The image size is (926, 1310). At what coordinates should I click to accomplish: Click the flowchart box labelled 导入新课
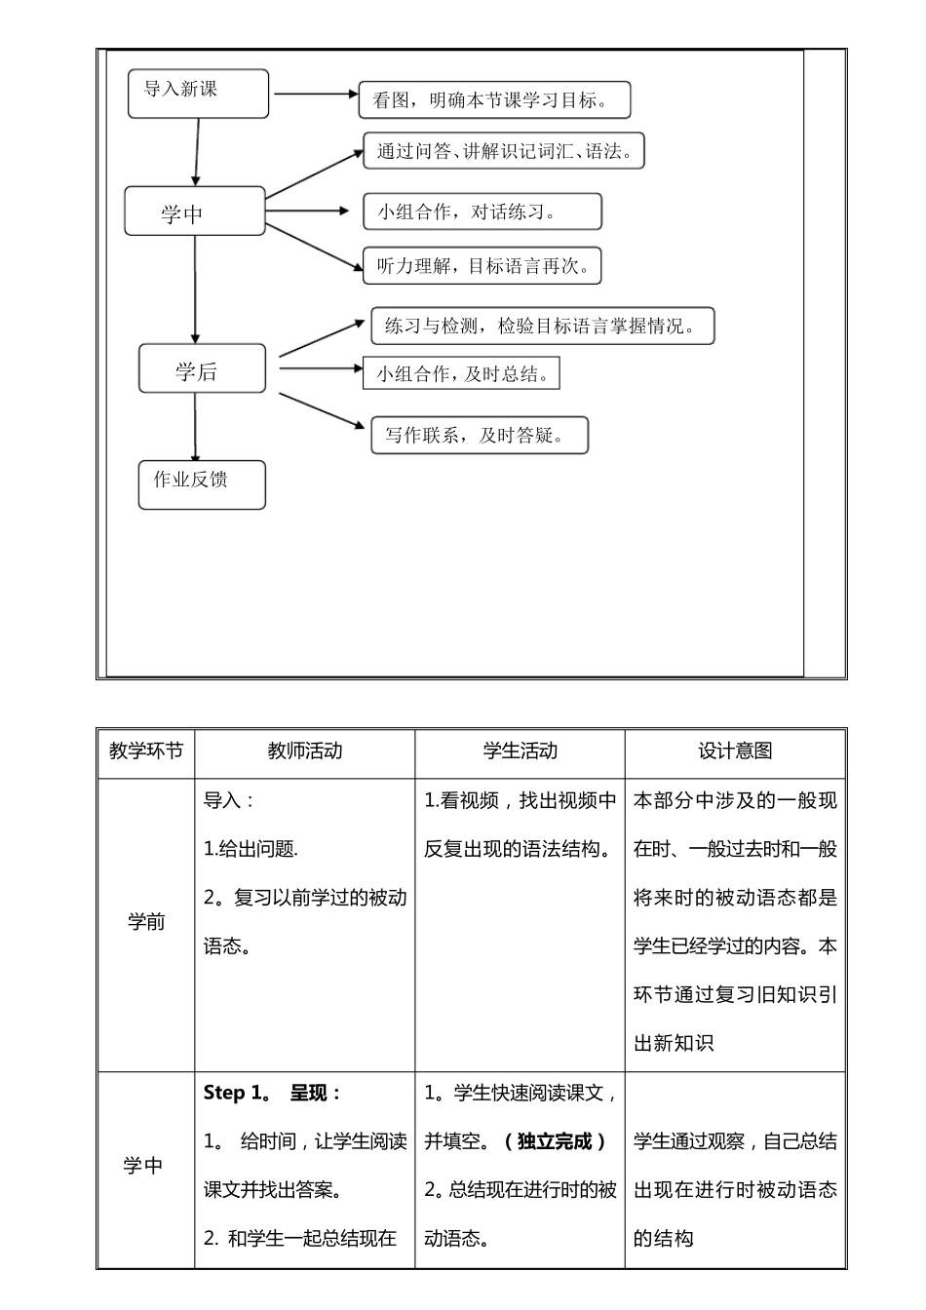click(x=198, y=94)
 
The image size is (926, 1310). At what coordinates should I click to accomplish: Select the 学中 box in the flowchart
click(x=194, y=212)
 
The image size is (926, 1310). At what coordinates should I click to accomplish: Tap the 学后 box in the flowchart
click(x=202, y=369)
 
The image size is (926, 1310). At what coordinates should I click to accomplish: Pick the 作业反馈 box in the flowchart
click(x=202, y=484)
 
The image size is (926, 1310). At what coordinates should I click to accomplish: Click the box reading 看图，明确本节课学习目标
click(x=494, y=100)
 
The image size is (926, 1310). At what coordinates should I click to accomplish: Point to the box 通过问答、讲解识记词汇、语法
click(x=503, y=151)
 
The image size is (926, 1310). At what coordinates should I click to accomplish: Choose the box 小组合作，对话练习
click(x=482, y=212)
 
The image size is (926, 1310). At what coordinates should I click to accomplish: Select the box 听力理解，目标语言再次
click(x=482, y=266)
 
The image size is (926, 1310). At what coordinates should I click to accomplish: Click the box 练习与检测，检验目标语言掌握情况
click(x=542, y=326)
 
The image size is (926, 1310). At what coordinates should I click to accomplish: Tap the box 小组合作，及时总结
click(x=461, y=373)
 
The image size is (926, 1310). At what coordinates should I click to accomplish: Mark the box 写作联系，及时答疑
click(x=480, y=435)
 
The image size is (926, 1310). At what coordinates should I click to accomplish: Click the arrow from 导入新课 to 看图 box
click(x=316, y=95)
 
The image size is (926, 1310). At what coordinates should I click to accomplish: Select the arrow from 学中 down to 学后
click(x=195, y=289)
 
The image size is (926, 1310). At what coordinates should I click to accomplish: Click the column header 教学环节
click(x=146, y=751)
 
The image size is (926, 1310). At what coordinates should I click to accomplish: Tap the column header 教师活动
click(x=305, y=751)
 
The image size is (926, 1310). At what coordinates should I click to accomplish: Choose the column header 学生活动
click(x=520, y=751)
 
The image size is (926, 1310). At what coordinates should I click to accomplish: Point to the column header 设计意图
click(x=735, y=751)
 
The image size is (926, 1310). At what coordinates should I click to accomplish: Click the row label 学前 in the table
click(x=146, y=922)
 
